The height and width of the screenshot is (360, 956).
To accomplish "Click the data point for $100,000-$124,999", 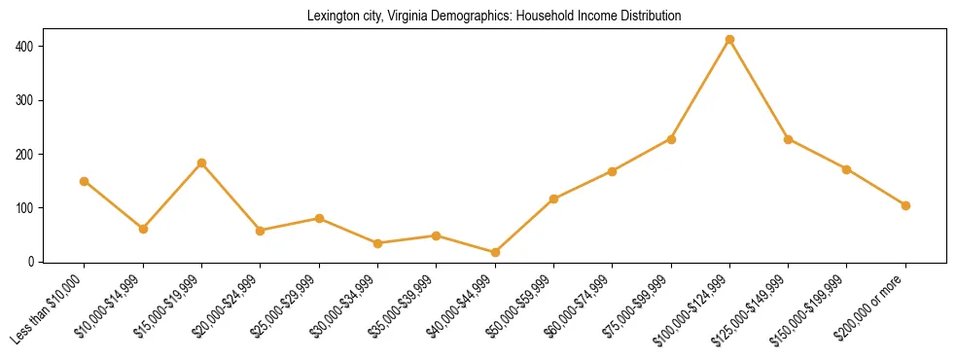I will (x=729, y=40).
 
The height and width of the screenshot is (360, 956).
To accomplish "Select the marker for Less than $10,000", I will (x=85, y=181).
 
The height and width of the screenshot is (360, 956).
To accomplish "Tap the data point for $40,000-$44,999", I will (x=495, y=252).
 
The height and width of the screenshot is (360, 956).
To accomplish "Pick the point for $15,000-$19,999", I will (x=201, y=163).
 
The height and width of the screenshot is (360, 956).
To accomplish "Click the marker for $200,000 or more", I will (x=905, y=205).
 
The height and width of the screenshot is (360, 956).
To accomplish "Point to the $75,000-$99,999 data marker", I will (x=671, y=139).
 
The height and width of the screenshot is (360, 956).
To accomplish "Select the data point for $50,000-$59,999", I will (x=553, y=199).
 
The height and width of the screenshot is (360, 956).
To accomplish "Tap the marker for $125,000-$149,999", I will (x=788, y=139).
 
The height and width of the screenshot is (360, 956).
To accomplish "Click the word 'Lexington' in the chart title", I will (x=333, y=17).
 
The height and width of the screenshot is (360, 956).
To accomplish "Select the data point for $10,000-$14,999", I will (x=143, y=229).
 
